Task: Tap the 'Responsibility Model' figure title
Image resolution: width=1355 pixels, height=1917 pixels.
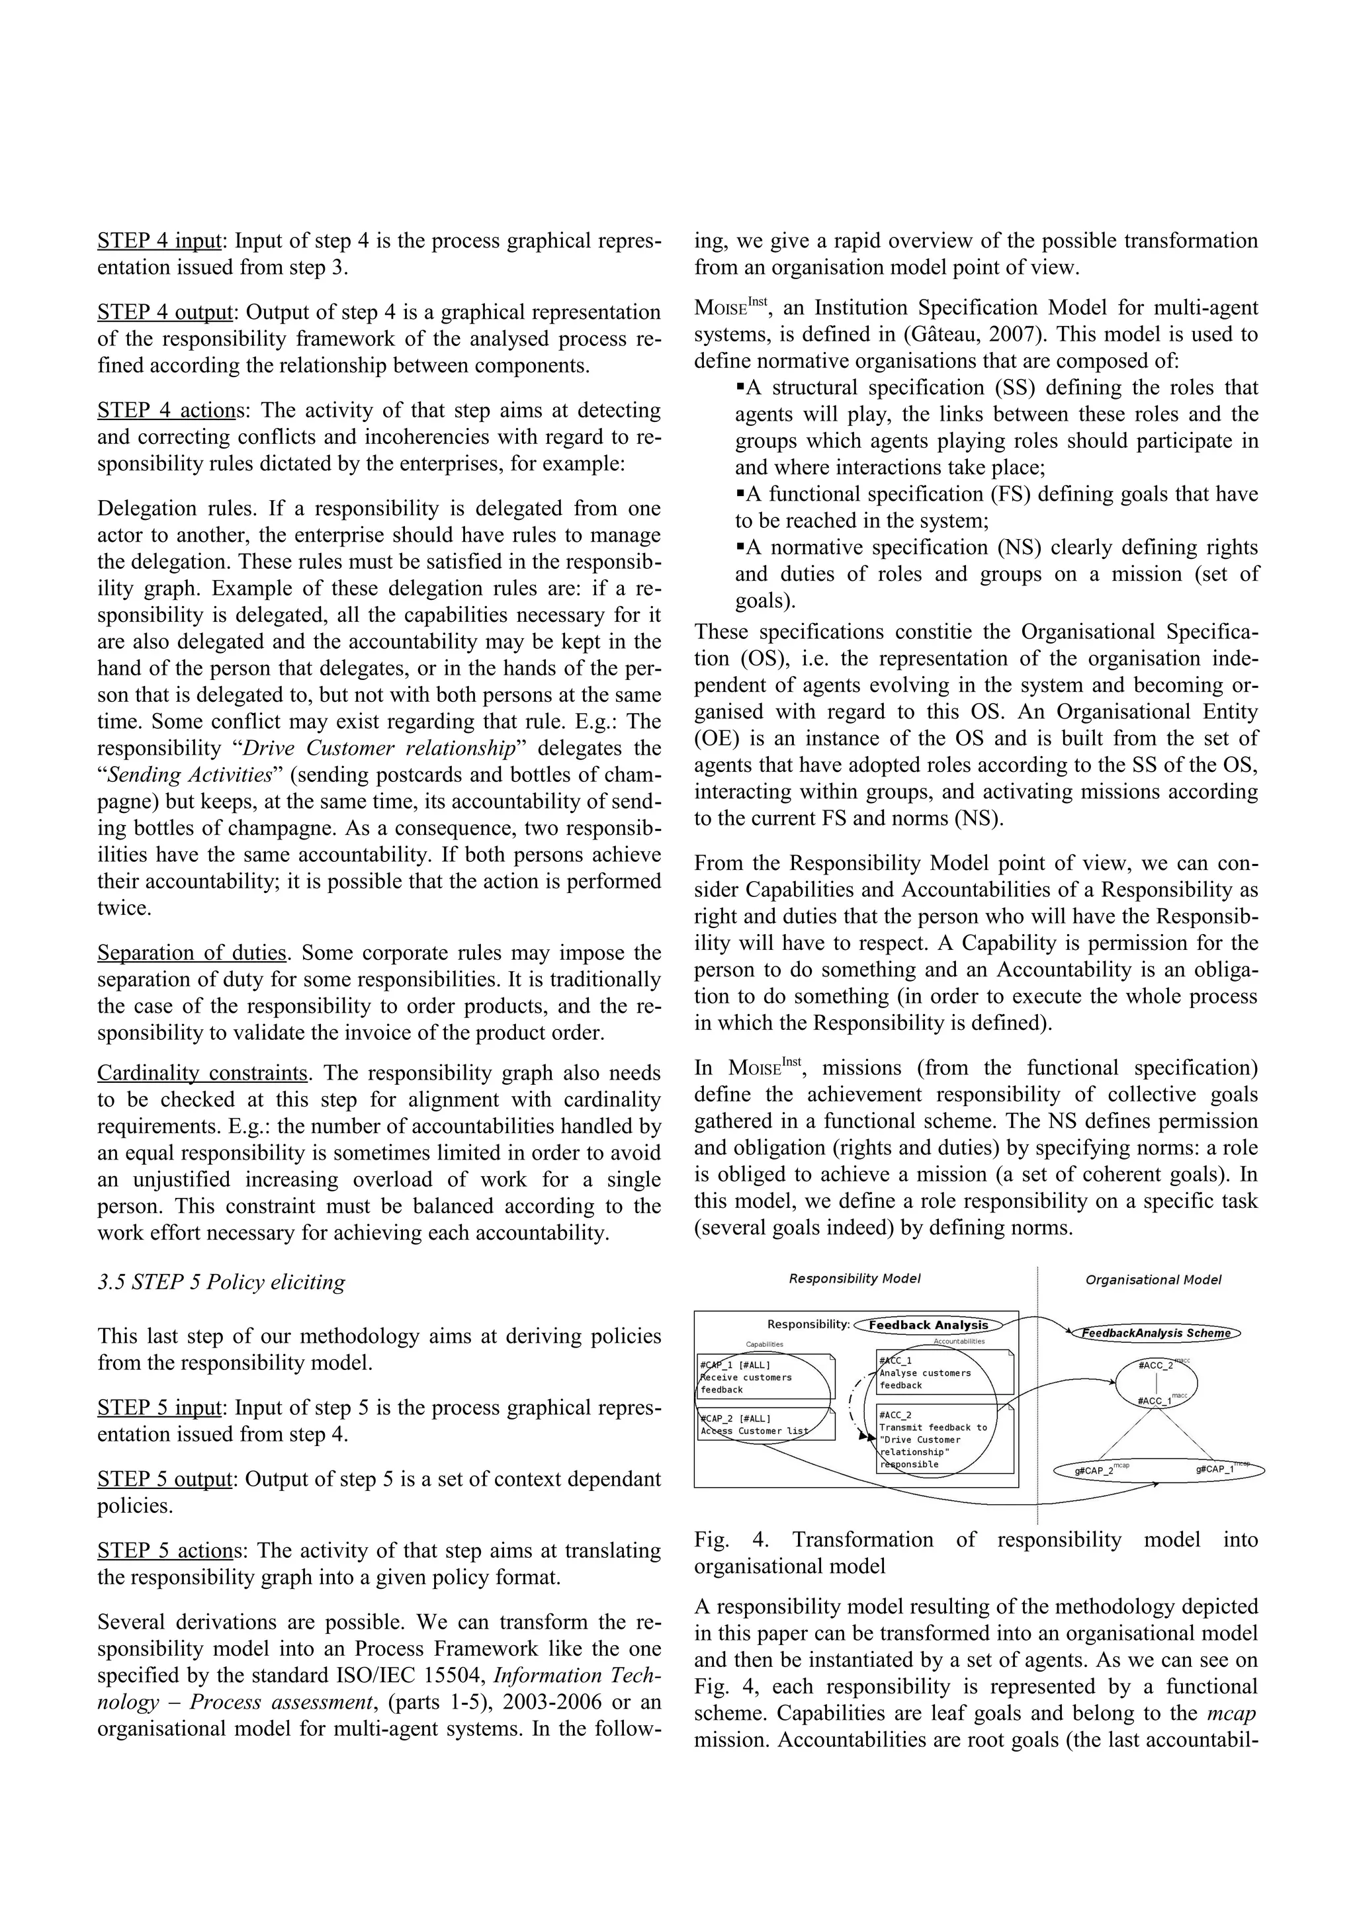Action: click(x=855, y=1279)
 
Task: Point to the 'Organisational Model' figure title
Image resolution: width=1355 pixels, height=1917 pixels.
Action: click(x=1153, y=1280)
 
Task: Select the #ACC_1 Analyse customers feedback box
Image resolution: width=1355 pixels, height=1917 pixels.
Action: click(x=943, y=1373)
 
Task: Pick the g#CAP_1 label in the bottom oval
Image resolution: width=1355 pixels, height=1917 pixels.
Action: click(x=1215, y=1469)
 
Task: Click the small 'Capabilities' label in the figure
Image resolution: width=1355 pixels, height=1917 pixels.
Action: click(x=765, y=1345)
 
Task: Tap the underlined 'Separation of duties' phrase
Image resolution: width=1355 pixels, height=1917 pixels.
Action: click(x=193, y=953)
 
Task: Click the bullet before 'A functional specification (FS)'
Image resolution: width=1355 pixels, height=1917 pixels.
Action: click(x=740, y=493)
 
